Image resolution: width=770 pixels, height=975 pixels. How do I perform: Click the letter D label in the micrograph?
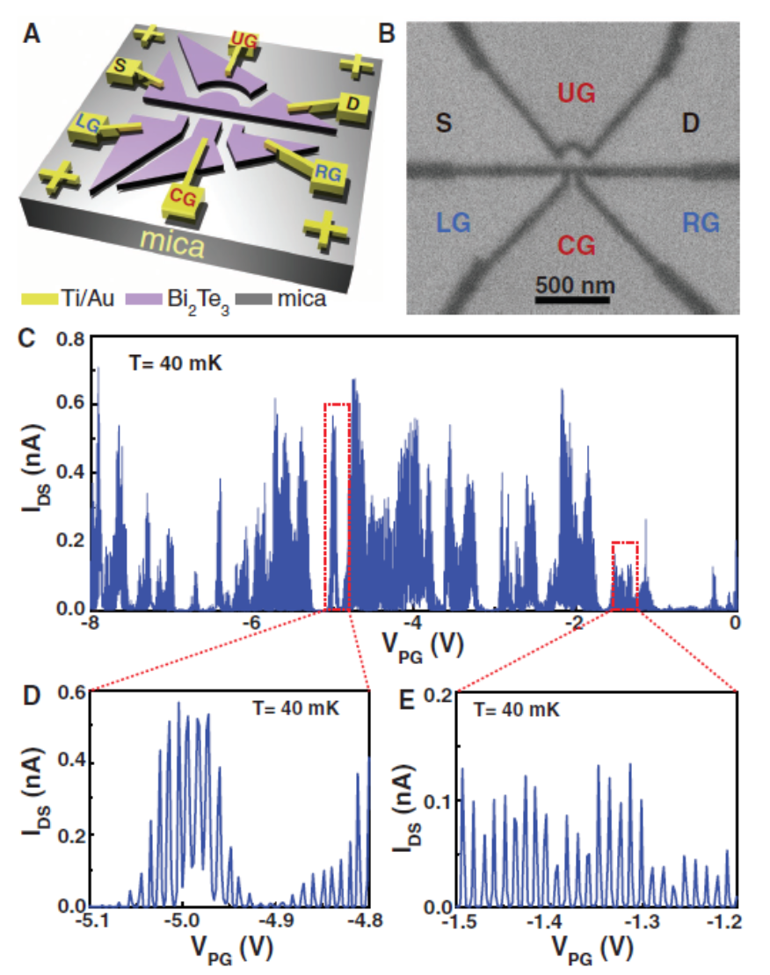click(691, 125)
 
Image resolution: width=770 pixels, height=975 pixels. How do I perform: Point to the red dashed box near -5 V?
click(338, 507)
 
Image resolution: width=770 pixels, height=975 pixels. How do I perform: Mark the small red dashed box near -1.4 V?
click(624, 575)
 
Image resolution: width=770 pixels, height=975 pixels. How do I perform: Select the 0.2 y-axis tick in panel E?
click(437, 694)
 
